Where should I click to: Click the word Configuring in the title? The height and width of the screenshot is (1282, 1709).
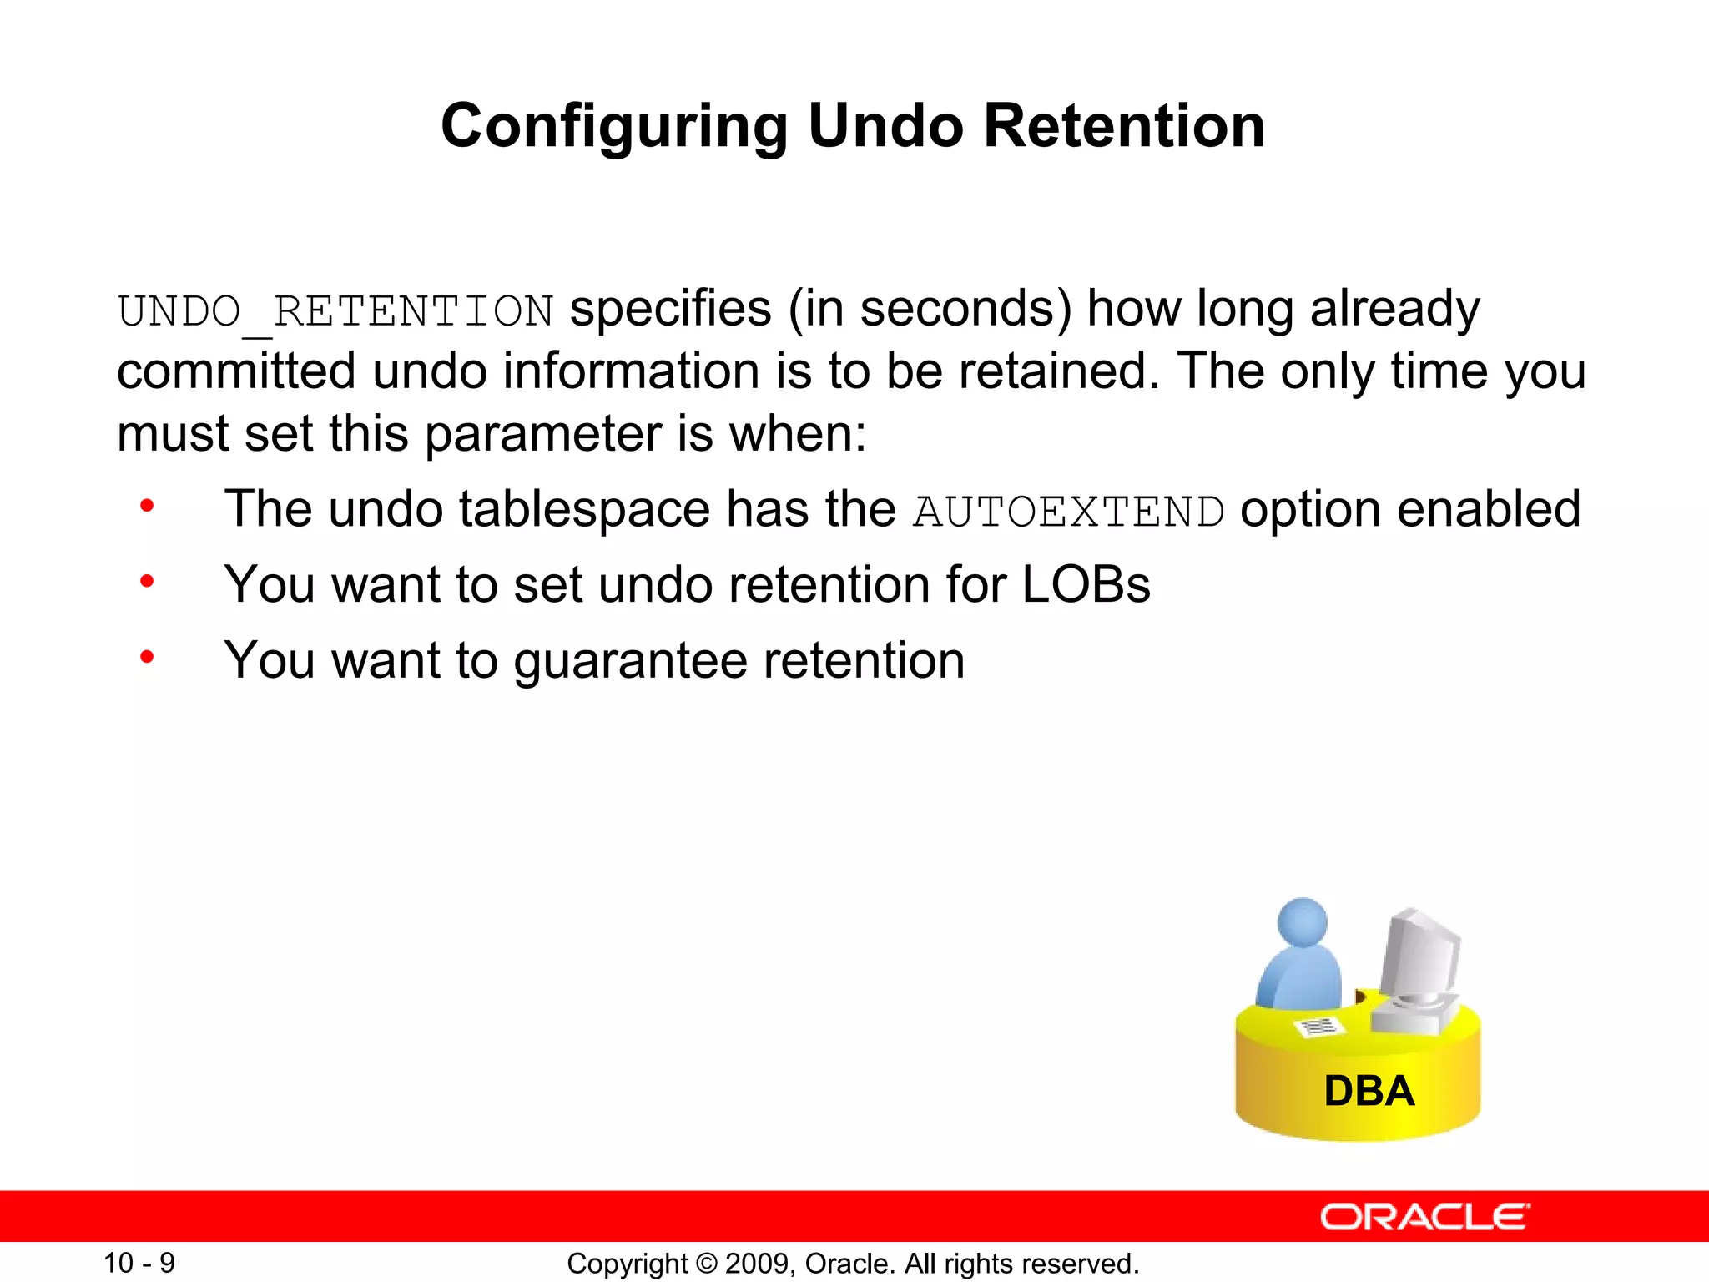(x=613, y=127)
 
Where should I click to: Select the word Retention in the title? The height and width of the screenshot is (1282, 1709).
(x=1124, y=125)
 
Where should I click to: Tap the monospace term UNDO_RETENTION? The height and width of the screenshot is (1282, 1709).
(x=335, y=312)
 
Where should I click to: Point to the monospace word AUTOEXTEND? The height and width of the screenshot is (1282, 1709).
(x=1069, y=512)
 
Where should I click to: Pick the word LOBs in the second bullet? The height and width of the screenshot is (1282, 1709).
(x=1086, y=584)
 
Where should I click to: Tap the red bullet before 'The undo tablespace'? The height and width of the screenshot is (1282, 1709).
(x=147, y=506)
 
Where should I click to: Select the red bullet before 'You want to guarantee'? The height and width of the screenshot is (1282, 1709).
(x=147, y=658)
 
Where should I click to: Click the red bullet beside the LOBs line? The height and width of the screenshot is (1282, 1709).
(x=147, y=582)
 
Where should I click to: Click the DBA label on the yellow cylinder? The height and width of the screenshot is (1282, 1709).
(x=1369, y=1091)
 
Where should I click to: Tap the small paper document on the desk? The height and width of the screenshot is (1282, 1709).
(x=1318, y=1027)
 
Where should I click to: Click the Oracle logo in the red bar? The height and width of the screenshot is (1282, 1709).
(x=1424, y=1217)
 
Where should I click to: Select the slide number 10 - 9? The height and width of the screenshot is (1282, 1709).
(x=139, y=1263)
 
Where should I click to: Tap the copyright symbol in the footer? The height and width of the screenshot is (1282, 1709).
(x=707, y=1264)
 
